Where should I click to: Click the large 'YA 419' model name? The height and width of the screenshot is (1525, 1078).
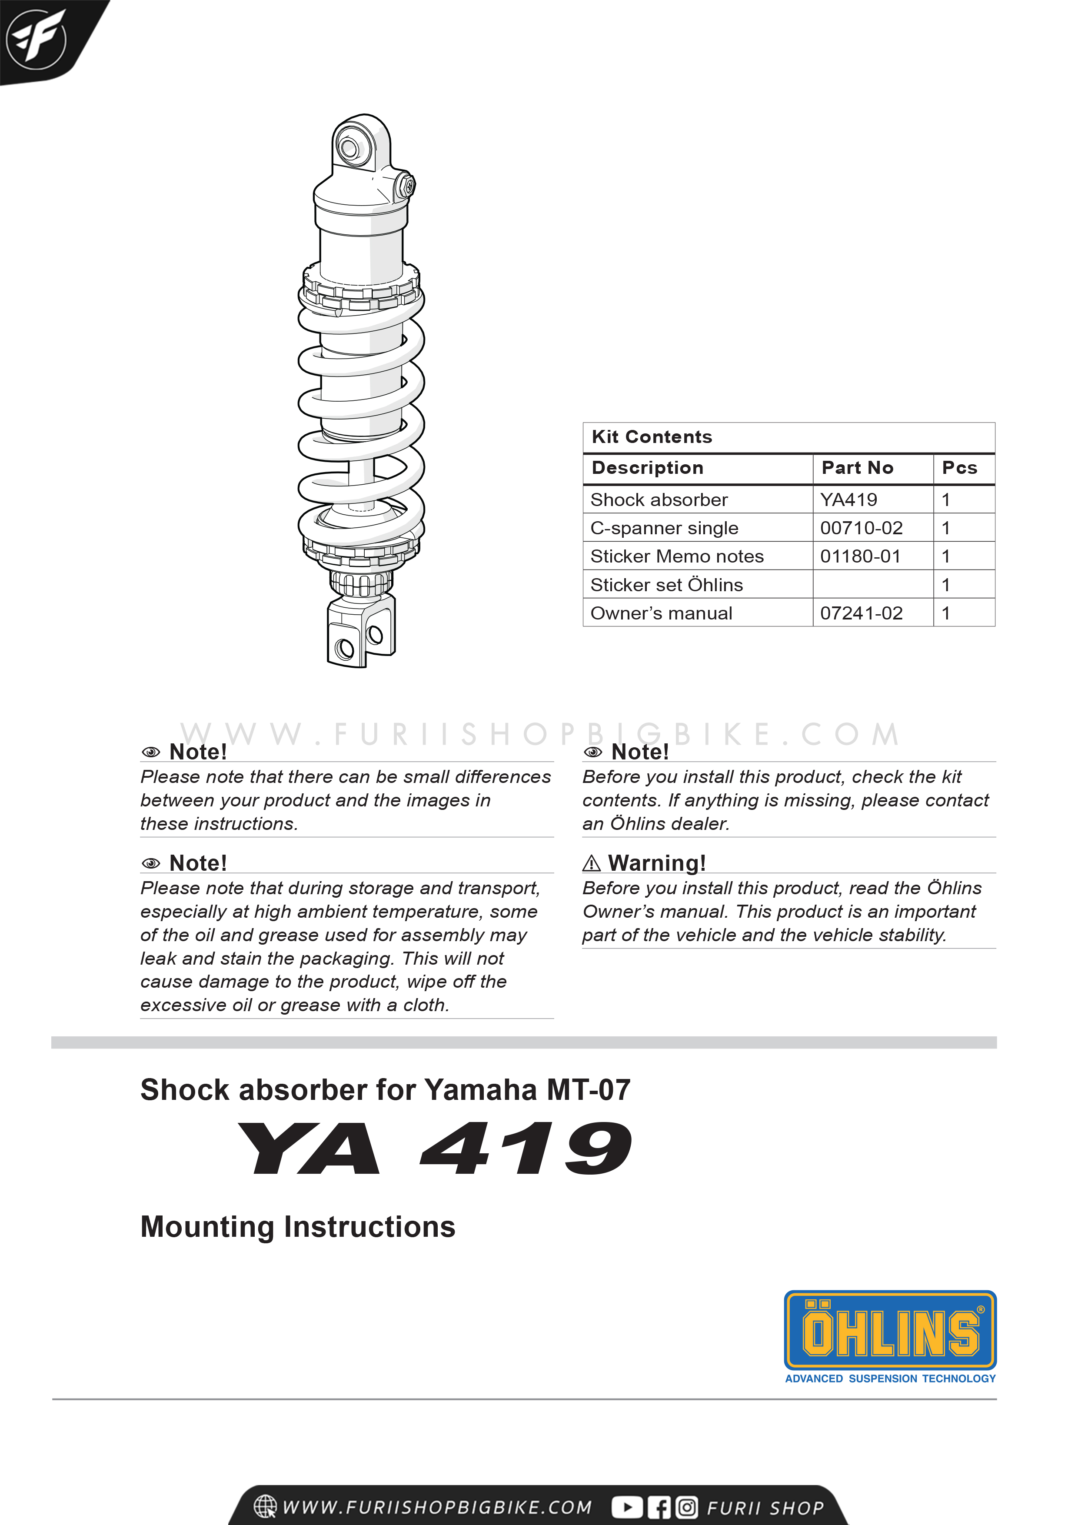(x=435, y=1149)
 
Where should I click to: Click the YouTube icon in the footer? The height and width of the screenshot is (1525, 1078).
(x=626, y=1507)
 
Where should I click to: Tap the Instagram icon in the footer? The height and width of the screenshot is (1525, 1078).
(x=687, y=1507)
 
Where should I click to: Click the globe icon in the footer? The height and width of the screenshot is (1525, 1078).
(x=266, y=1506)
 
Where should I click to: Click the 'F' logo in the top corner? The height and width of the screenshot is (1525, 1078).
(x=37, y=39)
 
